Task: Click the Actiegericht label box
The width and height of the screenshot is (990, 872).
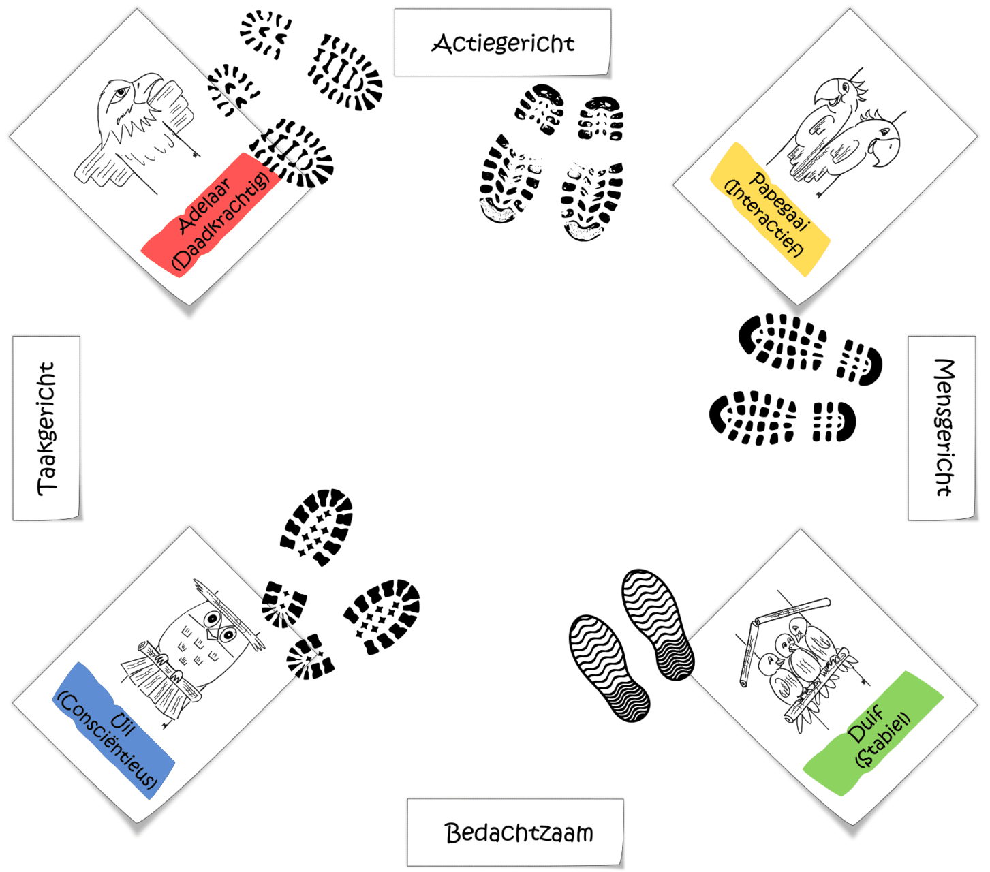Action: coord(502,42)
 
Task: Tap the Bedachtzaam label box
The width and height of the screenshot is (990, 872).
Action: coord(515,832)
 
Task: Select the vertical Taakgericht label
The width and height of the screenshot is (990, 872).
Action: coord(46,428)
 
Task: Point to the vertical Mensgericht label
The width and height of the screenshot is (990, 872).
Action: coord(942,428)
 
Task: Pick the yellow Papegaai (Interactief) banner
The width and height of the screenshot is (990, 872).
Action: coord(770,209)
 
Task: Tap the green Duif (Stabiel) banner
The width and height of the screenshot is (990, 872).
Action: coord(873,734)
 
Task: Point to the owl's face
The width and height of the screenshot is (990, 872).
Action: coord(220,627)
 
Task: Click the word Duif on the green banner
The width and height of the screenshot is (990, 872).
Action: coord(865,724)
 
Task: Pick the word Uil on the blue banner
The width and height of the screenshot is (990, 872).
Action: coord(123,724)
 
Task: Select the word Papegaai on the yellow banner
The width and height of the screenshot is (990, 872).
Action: coord(780,200)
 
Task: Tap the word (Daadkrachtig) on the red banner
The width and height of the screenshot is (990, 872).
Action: coord(221,221)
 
